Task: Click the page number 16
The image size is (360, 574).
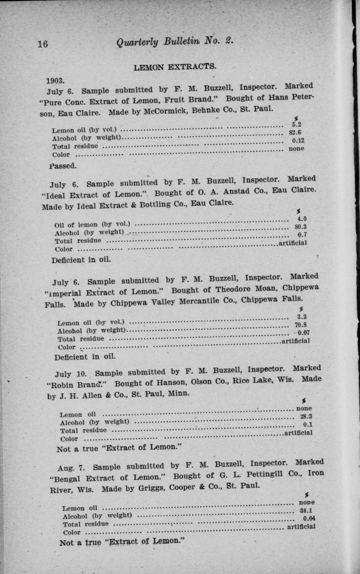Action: pyautogui.click(x=42, y=43)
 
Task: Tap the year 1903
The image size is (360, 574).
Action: pyautogui.click(x=55, y=80)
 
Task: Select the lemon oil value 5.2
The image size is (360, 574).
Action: pyautogui.click(x=297, y=124)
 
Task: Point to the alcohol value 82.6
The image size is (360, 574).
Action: pyautogui.click(x=295, y=132)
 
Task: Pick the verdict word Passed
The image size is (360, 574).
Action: pyautogui.click(x=63, y=166)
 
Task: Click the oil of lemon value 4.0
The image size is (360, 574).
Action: pyautogui.click(x=300, y=219)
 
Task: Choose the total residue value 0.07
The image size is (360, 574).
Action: pyautogui.click(x=303, y=333)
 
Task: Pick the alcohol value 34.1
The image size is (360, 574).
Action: pyautogui.click(x=307, y=510)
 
